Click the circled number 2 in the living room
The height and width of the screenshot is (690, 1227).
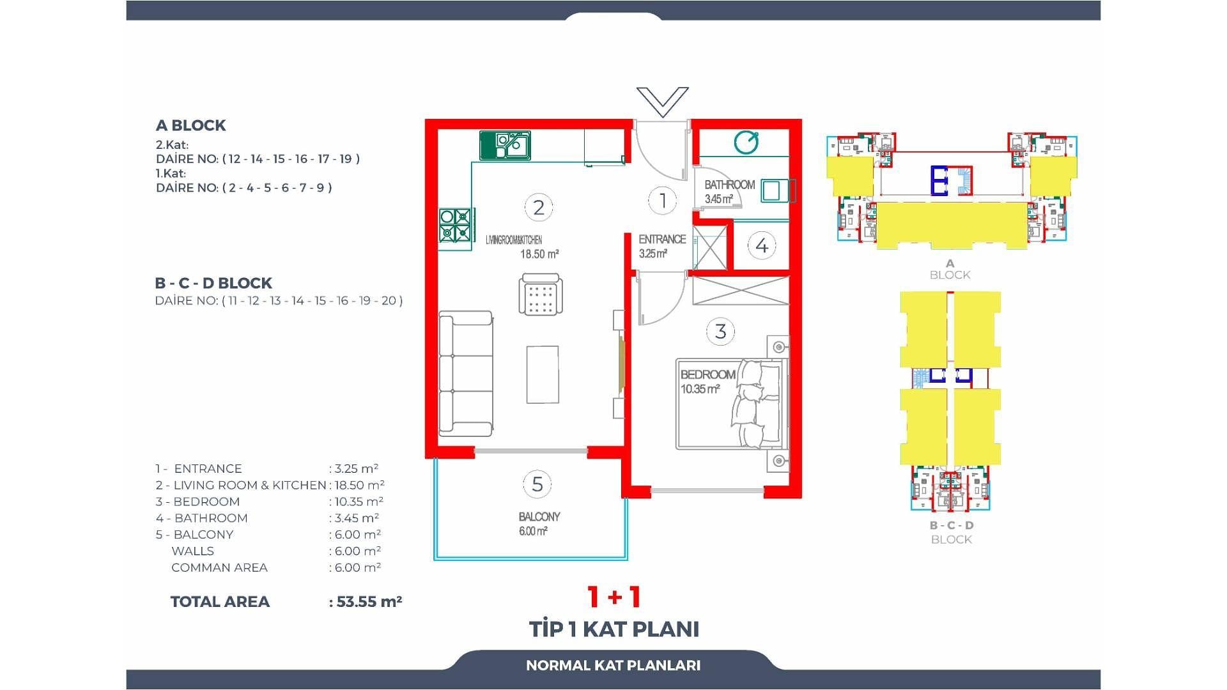(x=539, y=208)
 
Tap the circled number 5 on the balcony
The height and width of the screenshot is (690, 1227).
(x=537, y=484)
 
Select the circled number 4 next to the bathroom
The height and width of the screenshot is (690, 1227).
(x=762, y=245)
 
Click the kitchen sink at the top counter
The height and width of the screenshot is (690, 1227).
(x=505, y=145)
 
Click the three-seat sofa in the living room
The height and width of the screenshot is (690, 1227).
(x=466, y=374)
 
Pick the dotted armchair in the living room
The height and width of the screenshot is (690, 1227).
(x=541, y=295)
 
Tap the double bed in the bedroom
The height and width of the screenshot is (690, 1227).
(x=729, y=404)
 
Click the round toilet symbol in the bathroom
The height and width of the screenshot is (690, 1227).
(x=746, y=142)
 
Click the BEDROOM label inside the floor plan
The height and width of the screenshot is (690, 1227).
(x=707, y=375)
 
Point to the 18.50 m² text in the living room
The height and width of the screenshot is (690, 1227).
(x=539, y=254)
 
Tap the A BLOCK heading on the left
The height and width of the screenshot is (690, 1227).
(x=190, y=125)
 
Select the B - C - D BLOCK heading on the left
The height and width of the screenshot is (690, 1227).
(x=213, y=283)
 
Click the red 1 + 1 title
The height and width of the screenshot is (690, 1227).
(x=614, y=597)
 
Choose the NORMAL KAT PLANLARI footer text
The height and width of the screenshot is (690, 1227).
(x=613, y=665)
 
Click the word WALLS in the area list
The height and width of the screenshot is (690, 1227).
(x=192, y=551)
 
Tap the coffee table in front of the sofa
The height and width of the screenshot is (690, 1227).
(x=543, y=374)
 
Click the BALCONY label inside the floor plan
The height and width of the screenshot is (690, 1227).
(x=539, y=517)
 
